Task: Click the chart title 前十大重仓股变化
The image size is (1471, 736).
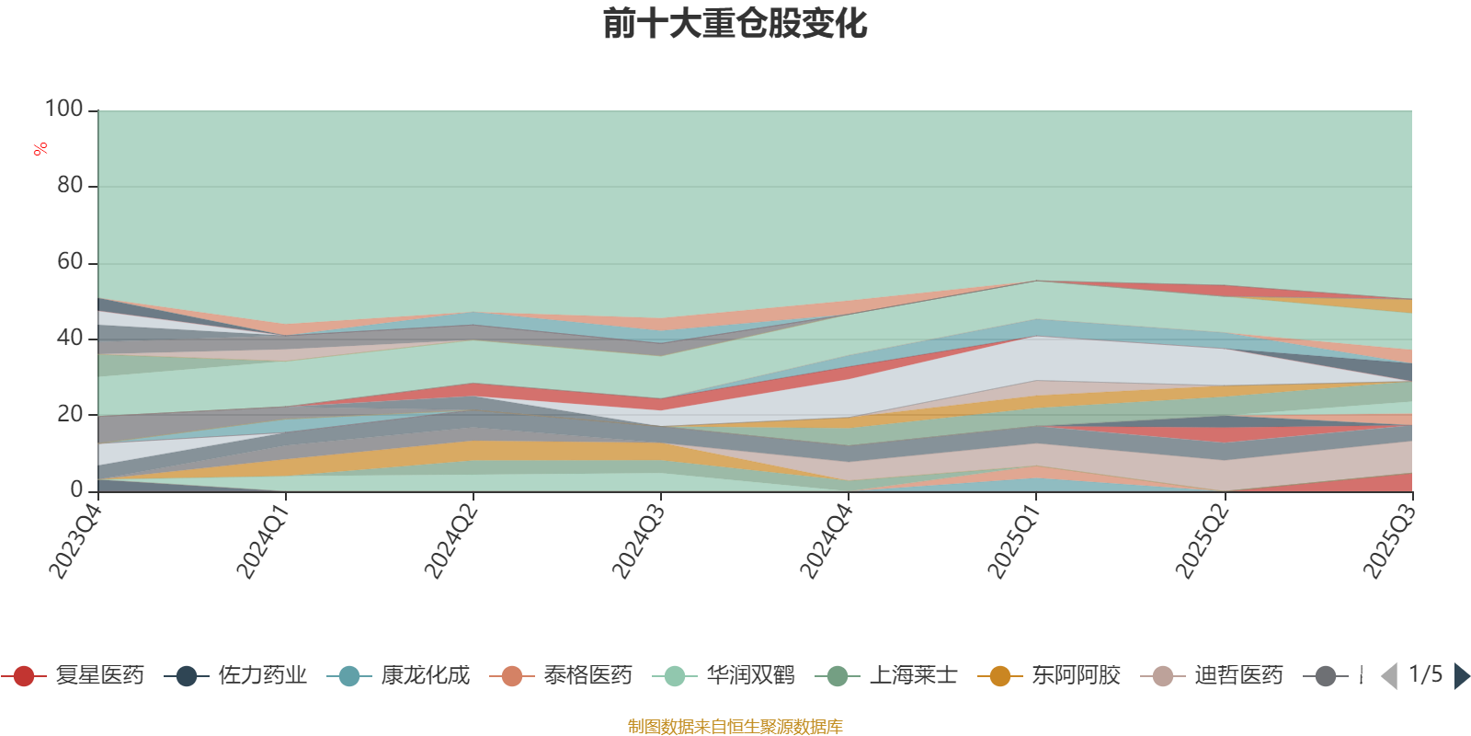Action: pyautogui.click(x=735, y=24)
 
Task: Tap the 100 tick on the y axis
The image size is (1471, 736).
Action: pyautogui.click(x=64, y=109)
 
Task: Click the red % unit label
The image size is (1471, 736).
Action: pyautogui.click(x=40, y=148)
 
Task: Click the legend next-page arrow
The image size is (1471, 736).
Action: pyautogui.click(x=1462, y=676)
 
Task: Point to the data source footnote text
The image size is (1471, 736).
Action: pyautogui.click(x=735, y=726)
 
